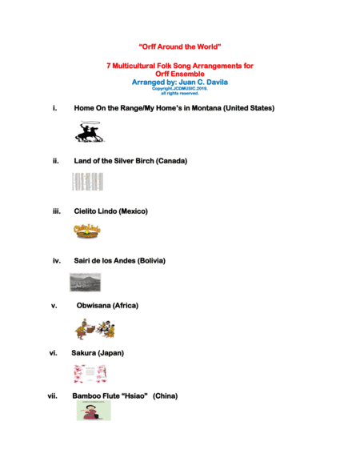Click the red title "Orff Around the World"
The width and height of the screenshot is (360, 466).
(179, 46)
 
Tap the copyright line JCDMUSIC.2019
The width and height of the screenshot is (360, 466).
(179, 88)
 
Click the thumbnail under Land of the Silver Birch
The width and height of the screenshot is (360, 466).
(87, 182)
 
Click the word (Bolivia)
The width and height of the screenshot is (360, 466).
(151, 261)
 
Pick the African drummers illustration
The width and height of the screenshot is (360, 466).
(95, 328)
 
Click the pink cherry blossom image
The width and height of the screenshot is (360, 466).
(89, 374)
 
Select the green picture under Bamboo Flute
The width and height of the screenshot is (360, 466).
(94, 411)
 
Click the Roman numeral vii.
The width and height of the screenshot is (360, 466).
(53, 396)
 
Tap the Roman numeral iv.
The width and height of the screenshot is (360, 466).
(57, 261)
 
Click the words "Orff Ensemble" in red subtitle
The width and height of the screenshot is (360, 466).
(180, 74)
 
